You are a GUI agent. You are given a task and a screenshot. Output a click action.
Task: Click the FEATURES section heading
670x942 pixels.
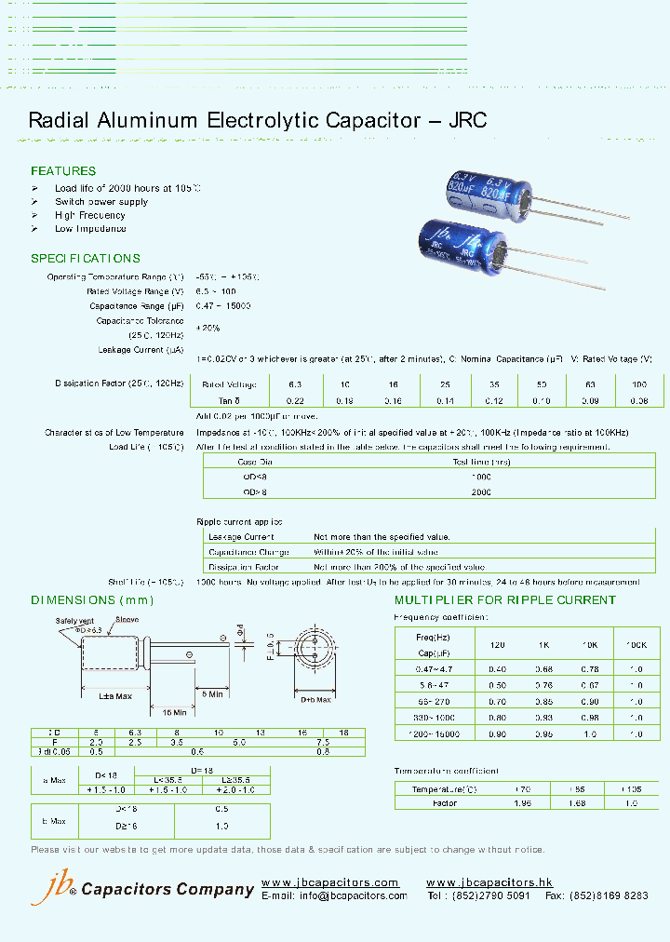63,171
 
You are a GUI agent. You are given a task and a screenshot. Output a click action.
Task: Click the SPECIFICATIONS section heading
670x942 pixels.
86,259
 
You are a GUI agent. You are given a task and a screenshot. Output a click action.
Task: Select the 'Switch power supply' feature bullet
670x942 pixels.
101,202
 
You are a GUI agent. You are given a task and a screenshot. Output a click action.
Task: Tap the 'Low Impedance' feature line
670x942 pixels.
90,229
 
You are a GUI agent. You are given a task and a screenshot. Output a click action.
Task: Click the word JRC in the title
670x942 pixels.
468,120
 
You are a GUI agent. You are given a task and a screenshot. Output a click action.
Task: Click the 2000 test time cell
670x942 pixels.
481,491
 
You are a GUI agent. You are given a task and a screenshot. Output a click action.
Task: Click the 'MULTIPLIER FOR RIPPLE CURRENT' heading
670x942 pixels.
505,600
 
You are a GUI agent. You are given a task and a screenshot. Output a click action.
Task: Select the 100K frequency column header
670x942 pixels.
636,644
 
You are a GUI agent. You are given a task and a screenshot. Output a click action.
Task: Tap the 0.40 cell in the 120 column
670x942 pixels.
497,669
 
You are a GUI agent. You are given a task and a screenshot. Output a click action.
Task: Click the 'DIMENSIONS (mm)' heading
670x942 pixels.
92,600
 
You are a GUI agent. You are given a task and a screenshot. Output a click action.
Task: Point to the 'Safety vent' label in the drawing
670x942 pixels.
74,620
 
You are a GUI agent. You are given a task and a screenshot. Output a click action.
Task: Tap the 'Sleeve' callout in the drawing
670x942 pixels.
127,620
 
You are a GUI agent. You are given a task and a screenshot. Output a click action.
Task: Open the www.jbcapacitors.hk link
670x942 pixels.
489,882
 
